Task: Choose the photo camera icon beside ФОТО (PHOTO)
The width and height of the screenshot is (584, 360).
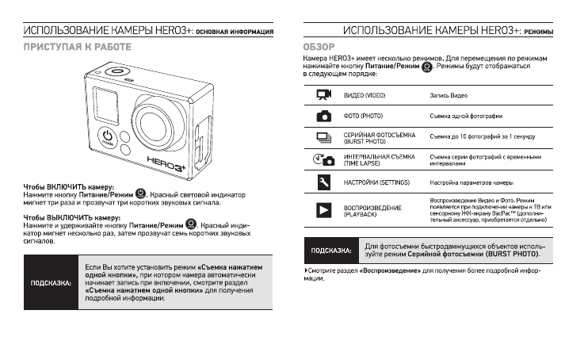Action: click(323, 116)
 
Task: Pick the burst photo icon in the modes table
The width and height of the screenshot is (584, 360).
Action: click(323, 137)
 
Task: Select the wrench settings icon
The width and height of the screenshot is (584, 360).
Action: click(323, 183)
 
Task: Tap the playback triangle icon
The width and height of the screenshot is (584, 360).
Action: click(323, 210)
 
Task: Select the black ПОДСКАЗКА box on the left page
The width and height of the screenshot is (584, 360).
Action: click(50, 281)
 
